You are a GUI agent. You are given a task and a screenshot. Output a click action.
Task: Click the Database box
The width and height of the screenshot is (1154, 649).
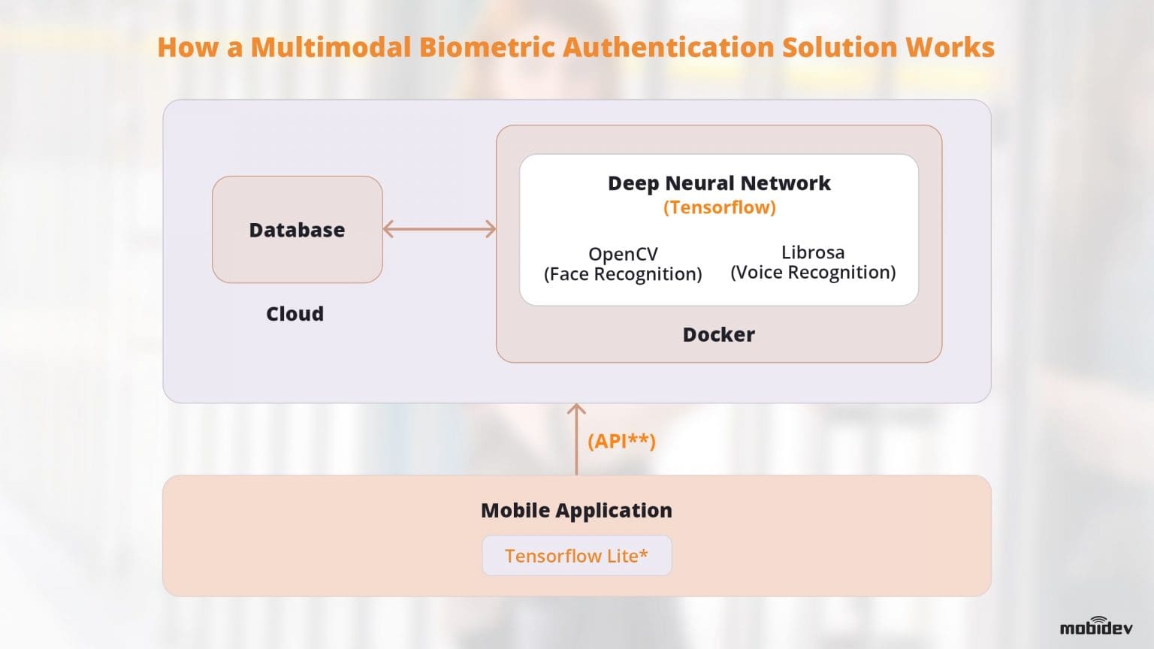[x=297, y=230]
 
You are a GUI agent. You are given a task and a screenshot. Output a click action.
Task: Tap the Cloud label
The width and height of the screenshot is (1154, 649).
[x=295, y=314]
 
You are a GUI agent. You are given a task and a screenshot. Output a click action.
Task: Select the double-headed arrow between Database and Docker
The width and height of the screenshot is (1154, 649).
[x=440, y=229]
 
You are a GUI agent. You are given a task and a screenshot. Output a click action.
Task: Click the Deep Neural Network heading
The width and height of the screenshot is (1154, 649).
[x=719, y=183]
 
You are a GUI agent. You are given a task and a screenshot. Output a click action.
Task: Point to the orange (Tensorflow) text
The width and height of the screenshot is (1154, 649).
[x=719, y=207]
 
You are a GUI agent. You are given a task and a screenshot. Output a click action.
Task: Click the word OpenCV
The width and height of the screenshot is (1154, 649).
[x=623, y=254]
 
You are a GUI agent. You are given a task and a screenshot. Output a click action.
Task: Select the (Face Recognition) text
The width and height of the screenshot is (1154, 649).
[x=623, y=274]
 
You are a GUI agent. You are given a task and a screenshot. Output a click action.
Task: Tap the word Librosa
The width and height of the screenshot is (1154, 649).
[x=813, y=252]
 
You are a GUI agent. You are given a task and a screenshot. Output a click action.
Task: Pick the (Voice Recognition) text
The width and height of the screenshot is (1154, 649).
[x=813, y=273]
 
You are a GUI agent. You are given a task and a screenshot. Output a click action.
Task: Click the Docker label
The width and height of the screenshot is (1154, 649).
[x=718, y=335]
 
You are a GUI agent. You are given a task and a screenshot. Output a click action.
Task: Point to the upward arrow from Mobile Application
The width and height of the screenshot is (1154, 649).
[x=576, y=439]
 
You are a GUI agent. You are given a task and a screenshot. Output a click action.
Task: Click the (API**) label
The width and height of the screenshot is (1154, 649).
[x=621, y=441]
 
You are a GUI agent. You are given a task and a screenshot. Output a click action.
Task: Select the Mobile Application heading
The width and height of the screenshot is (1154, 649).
[x=576, y=511]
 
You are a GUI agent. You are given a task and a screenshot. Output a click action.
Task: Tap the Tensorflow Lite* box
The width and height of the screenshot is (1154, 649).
[x=576, y=556]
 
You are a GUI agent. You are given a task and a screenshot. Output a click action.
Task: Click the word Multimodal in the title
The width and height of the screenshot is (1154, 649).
[x=331, y=47]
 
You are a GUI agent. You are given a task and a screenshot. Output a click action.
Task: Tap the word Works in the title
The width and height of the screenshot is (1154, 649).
[x=950, y=47]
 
